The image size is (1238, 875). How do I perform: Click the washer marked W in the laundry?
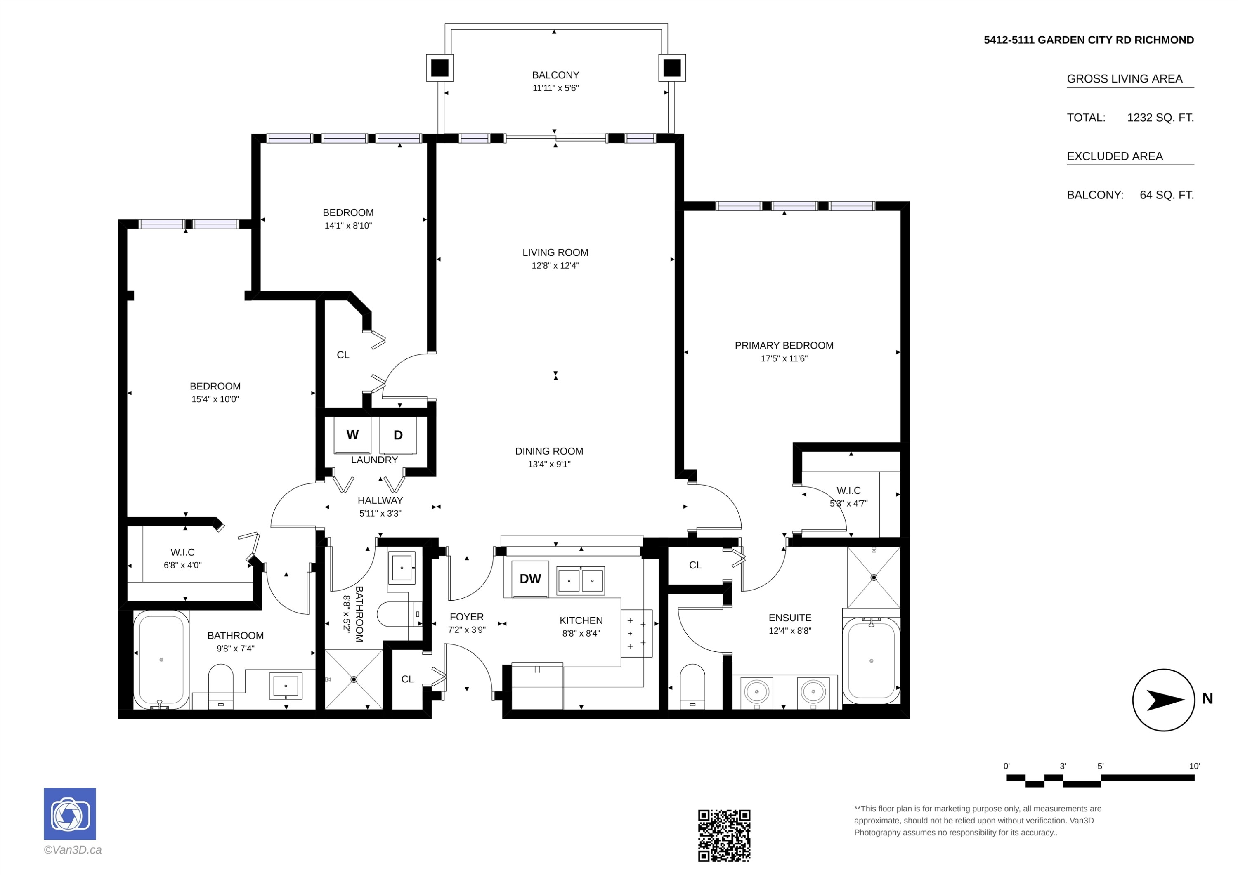coord(352,435)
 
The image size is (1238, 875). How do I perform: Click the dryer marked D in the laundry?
coord(398,435)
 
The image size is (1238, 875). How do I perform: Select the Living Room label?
coord(555,252)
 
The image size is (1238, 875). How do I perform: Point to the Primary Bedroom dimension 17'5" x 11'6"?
coord(784,358)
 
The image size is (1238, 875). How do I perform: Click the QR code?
coord(724,835)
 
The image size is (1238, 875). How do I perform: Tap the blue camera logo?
coord(70,814)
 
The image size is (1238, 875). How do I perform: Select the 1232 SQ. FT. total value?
coord(1160,118)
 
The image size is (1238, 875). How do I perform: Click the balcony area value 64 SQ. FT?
coord(1167,195)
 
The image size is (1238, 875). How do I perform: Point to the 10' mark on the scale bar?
coord(1194,766)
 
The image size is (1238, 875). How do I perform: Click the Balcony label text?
coord(555,75)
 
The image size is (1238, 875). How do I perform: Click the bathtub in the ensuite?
coord(871,660)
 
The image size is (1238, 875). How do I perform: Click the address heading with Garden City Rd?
coord(1089,40)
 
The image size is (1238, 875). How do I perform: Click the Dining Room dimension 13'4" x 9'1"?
coord(549,464)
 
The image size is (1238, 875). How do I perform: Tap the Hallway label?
coord(380,500)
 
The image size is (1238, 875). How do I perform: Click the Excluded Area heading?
coord(1115,156)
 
